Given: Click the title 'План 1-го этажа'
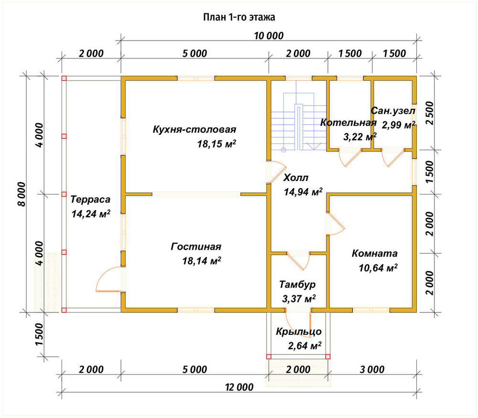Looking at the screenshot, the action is pos(239,17).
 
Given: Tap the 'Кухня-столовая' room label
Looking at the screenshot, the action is pos(195,129).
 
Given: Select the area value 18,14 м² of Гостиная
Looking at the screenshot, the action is pos(202,261).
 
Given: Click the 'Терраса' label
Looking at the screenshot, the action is pos(90,200).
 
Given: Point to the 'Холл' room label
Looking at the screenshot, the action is pos(296,177).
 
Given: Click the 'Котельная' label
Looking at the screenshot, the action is pos(348,122).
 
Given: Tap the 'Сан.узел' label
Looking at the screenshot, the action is pos(393,111).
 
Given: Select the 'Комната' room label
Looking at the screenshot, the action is pos(375,254).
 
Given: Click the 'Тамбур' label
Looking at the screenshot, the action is pos(297,285).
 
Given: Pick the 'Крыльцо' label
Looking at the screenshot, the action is pos(299,332).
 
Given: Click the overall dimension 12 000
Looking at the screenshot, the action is pos(239,387).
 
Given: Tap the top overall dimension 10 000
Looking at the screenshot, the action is pos(269,36).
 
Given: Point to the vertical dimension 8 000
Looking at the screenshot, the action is pos(22,194).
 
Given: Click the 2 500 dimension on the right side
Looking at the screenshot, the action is pos(429,113).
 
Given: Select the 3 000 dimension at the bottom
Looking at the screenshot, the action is pos(372,370).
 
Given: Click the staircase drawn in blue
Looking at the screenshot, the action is pos(299,122).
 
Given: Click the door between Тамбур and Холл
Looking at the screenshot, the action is pos(298,261).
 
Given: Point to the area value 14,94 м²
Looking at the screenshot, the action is pos(303,192).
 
